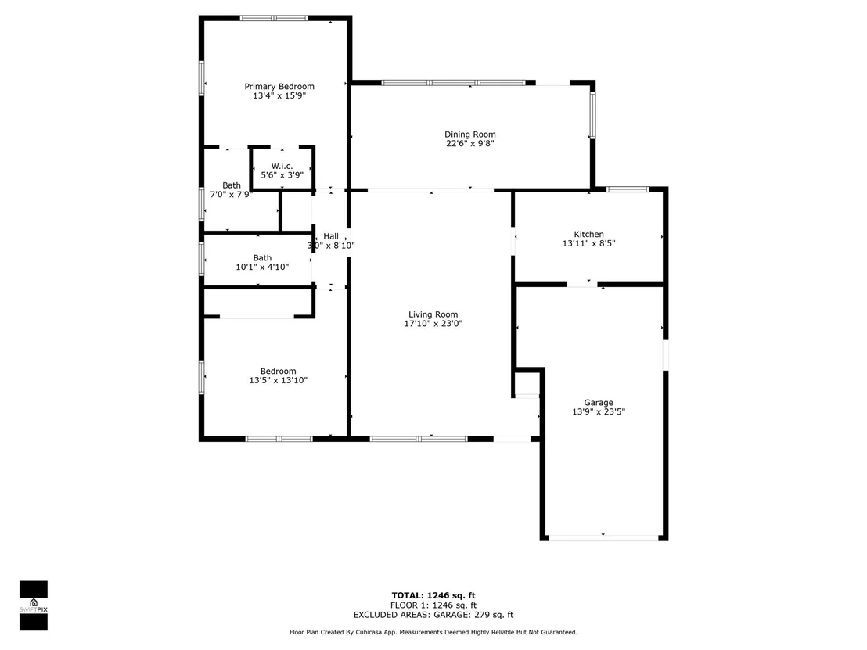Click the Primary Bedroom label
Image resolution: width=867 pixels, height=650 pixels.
tap(279, 86)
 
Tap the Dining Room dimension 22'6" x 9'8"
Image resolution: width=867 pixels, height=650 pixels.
tap(470, 144)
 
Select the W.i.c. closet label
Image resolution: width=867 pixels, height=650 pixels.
tap(282, 166)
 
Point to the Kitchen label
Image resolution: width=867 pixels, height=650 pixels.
tap(589, 235)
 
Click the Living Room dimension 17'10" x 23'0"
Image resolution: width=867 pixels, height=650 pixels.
tap(433, 324)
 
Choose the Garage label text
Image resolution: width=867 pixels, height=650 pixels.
tap(599, 403)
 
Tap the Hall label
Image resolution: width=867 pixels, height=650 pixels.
tap(331, 236)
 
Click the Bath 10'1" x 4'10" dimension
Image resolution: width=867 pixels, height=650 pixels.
tap(262, 267)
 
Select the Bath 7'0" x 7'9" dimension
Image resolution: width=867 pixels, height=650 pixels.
tap(230, 195)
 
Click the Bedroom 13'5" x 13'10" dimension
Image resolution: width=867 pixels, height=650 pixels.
tap(278, 380)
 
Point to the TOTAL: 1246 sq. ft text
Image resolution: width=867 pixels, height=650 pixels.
tap(433, 595)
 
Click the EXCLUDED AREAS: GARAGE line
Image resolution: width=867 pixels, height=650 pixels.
tap(433, 615)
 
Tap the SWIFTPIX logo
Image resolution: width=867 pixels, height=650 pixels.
tap(34, 605)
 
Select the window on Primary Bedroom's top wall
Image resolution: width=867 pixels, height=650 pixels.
tap(274, 18)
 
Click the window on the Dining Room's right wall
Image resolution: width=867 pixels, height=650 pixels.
tap(592, 115)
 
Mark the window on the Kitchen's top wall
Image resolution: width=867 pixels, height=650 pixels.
tap(628, 189)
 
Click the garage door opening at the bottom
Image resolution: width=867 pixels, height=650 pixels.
tap(603, 537)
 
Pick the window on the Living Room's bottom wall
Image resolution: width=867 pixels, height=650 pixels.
tap(419, 440)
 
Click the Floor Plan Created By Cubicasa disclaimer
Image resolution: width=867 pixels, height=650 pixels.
tap(433, 632)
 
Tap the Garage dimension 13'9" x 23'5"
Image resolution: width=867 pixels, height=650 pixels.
tap(599, 411)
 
